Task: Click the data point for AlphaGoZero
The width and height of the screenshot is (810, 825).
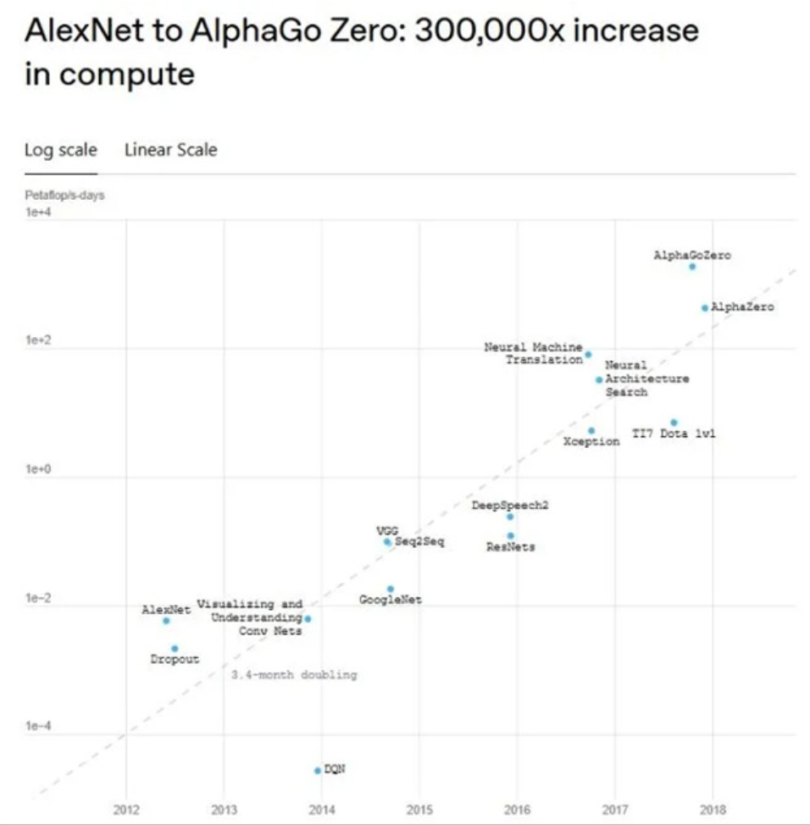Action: coord(692,267)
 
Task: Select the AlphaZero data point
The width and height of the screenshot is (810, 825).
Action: coord(704,307)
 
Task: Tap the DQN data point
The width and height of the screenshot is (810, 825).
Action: coord(318,770)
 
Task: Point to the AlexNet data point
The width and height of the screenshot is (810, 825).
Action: coord(166,621)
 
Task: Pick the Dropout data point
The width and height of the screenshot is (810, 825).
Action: coord(175,649)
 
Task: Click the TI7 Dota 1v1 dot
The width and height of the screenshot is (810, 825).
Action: coord(674,422)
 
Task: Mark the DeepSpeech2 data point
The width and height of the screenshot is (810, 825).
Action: coord(510,517)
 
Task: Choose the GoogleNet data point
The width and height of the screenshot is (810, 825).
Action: coord(391,589)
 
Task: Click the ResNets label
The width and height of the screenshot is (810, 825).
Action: coord(510,547)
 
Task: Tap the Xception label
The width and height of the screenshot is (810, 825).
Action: coord(591,442)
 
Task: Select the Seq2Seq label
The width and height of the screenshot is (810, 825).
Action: coord(419,541)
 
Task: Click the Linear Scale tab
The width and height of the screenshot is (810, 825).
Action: coord(170,150)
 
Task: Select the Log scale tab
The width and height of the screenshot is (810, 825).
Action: coord(61,150)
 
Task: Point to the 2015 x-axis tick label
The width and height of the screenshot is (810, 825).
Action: coord(419,810)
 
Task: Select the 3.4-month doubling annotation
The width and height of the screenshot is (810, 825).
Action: coord(294,675)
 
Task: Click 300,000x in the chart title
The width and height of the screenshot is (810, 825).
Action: coord(481,31)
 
